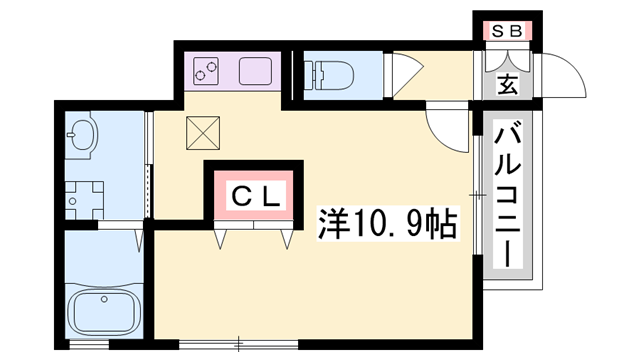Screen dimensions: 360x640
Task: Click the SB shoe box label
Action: tap(506, 31)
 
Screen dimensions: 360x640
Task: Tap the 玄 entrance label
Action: tap(508, 85)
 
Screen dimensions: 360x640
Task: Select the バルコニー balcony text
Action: tap(507, 195)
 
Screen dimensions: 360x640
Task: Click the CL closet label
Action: tap(254, 195)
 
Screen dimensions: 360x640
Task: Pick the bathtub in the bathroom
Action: tap(103, 311)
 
